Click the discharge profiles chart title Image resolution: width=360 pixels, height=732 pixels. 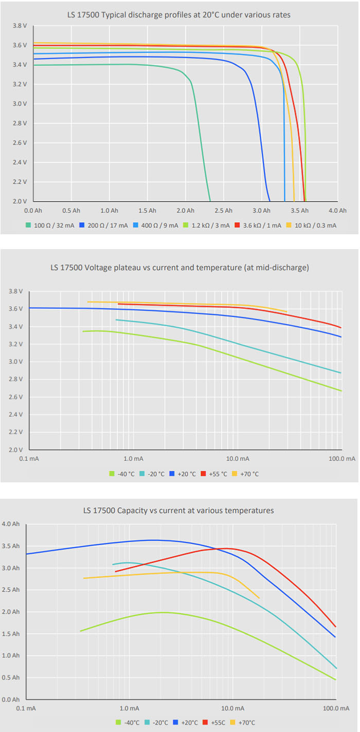(178, 15)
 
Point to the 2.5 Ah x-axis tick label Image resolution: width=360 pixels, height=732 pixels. (223, 210)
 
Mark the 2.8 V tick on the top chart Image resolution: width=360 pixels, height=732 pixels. (19, 123)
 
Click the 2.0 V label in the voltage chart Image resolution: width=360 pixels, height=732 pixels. (16, 450)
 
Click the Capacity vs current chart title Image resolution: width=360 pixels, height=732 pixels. (178, 510)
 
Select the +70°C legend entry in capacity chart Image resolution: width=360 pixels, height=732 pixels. (247, 722)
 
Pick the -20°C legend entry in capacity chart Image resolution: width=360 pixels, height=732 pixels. (157, 722)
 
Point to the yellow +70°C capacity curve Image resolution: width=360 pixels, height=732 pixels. (154, 573)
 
